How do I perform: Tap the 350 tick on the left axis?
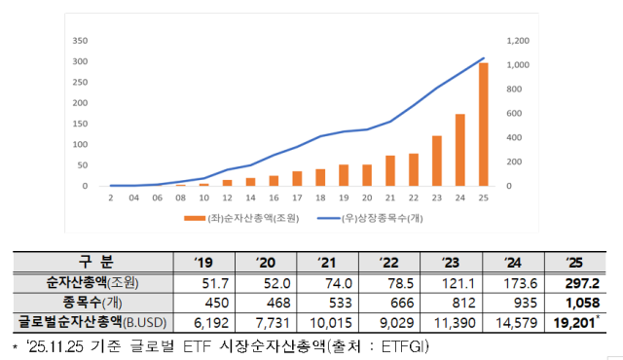(82, 41)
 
